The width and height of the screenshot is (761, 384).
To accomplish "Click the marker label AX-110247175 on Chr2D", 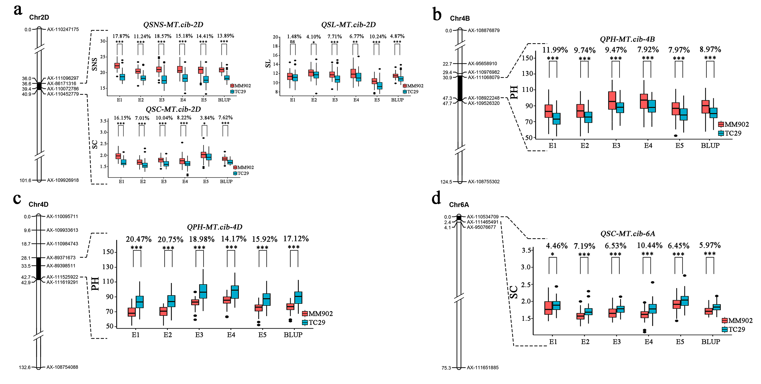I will [63, 29].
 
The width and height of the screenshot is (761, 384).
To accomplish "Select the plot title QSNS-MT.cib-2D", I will [173, 25].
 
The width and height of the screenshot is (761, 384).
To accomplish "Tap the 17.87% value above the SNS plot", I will [121, 36].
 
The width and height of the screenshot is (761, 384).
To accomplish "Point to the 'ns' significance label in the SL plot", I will [292, 42].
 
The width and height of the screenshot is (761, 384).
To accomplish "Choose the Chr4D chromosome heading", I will [38, 204].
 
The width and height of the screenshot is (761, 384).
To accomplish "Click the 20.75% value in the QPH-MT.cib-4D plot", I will [171, 239].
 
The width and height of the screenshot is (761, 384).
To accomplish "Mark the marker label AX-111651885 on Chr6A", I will [483, 367].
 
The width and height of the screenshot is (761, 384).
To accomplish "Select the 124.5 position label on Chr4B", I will [446, 182].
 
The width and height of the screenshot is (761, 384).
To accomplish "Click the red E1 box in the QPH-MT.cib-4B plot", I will [549, 111].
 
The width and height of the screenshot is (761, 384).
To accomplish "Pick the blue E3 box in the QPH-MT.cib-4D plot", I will [203, 291].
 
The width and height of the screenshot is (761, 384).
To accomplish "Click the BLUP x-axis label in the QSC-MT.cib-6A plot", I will [711, 342].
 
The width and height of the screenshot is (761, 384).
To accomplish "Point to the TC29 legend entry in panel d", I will [736, 329].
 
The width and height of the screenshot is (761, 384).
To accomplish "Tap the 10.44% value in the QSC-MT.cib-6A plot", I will [649, 245].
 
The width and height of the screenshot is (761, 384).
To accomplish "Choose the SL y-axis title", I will [268, 63].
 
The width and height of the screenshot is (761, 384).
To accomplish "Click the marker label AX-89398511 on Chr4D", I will [61, 266].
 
